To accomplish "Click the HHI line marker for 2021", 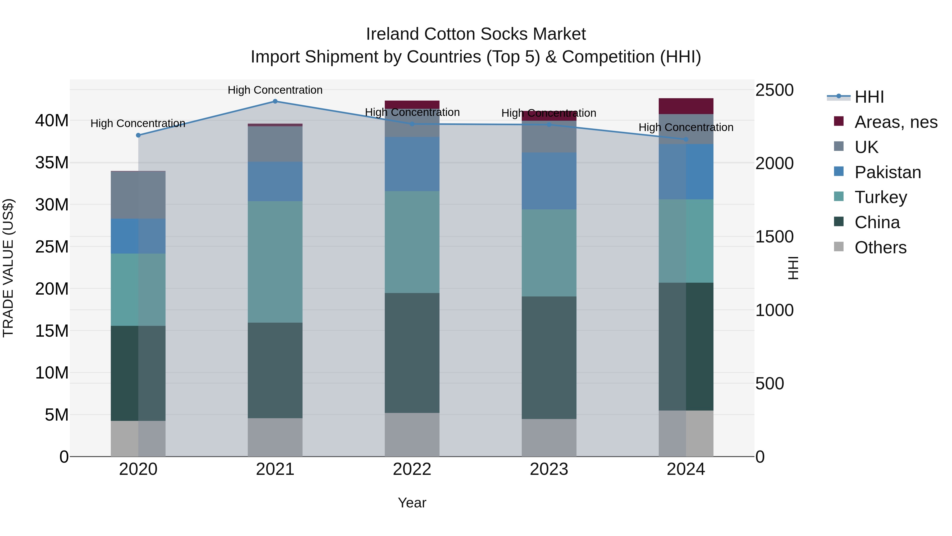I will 275,101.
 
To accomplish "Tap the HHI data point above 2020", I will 138,135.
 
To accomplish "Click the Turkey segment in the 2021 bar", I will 275,262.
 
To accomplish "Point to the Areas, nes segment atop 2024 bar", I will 686,106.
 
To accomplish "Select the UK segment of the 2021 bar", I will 275,144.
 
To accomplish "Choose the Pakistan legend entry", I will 887,172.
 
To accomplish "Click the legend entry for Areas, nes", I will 895,122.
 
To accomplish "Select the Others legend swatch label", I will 880,247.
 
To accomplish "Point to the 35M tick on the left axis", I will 52,163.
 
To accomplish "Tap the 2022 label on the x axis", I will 412,469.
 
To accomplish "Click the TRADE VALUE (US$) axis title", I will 8,268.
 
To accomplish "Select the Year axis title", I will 412,503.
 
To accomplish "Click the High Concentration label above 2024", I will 686,127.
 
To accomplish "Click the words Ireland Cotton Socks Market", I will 476,34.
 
